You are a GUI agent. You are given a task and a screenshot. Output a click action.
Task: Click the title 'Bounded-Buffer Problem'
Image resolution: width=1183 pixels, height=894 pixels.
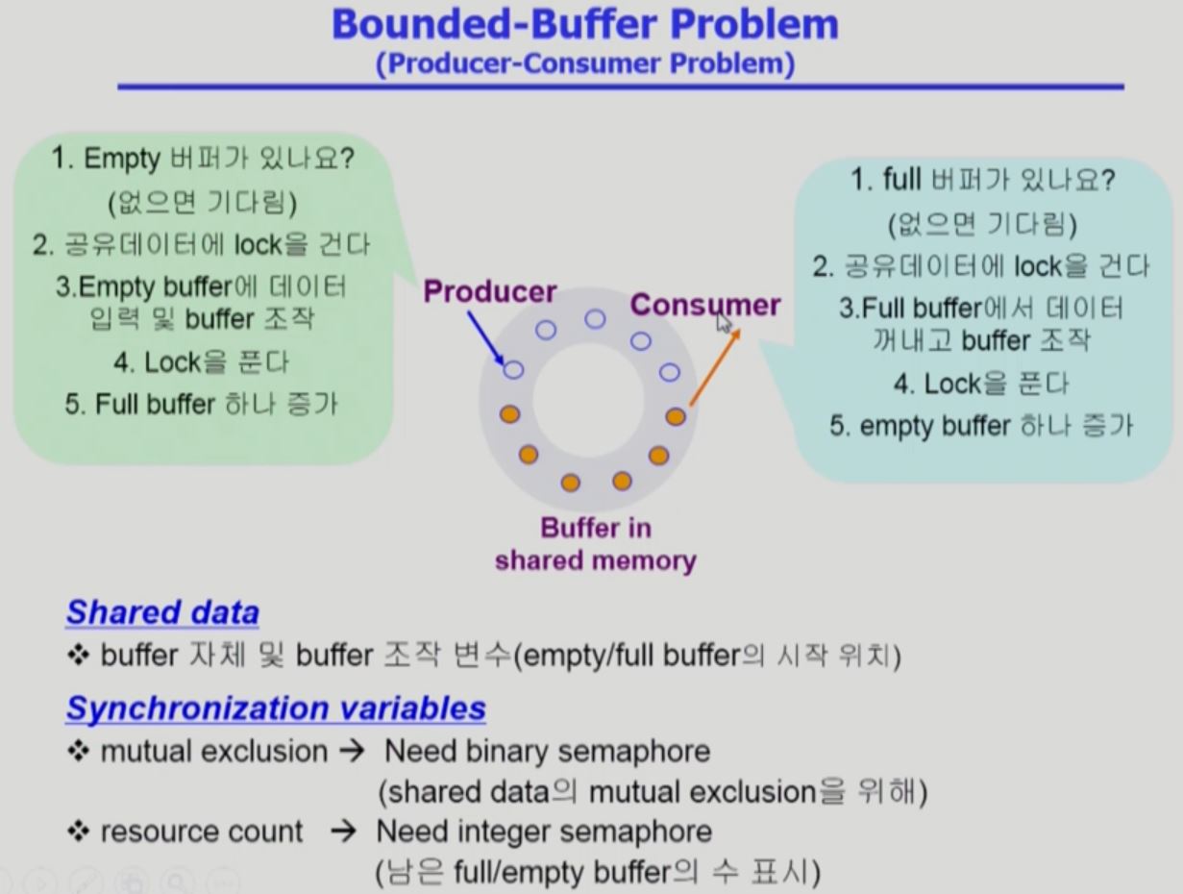(584, 25)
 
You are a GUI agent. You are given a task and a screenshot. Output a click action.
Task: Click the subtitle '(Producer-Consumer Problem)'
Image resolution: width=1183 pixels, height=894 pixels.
(585, 65)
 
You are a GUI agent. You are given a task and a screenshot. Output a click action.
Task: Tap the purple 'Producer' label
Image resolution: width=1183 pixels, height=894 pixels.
(490, 291)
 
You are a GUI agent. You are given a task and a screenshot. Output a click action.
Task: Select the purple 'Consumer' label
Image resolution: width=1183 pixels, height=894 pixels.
(704, 306)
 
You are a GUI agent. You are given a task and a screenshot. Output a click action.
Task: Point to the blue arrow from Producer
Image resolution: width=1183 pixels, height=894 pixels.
(486, 337)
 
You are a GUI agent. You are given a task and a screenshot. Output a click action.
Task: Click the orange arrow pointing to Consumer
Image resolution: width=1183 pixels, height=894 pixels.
(714, 366)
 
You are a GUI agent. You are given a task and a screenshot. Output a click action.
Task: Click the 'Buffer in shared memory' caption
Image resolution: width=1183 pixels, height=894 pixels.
(595, 544)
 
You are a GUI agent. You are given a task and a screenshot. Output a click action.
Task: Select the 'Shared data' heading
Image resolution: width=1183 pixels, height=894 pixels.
(162, 612)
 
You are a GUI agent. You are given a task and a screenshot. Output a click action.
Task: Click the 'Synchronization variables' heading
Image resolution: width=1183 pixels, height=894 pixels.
(276, 708)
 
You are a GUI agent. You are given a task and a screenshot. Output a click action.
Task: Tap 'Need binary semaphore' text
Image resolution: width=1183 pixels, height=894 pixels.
(547, 751)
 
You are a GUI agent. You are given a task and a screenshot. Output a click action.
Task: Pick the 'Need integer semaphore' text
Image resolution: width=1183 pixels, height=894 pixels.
(544, 831)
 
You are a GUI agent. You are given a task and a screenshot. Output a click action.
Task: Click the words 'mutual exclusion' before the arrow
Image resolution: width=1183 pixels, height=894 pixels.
(213, 752)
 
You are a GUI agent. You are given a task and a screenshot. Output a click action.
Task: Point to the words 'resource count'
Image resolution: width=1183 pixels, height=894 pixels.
(201, 832)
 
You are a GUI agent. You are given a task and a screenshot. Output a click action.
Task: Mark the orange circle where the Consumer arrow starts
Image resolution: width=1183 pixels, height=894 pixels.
(676, 416)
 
